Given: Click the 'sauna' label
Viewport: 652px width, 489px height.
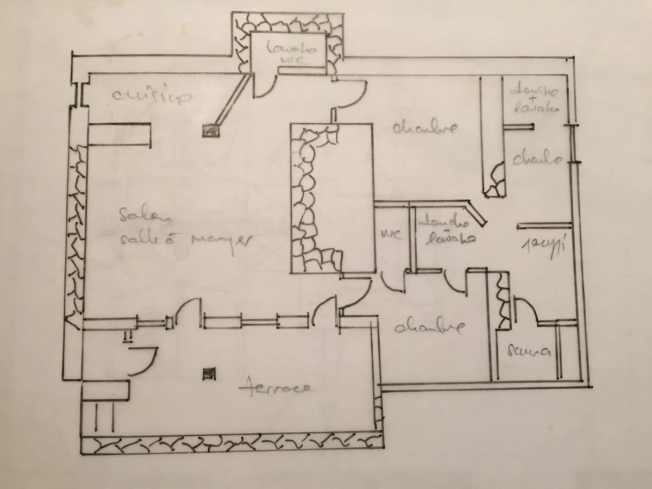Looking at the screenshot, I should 529,352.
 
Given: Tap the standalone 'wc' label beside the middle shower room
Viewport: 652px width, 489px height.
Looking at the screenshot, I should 392,235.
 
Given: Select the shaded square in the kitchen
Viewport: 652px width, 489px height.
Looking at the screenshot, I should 211,130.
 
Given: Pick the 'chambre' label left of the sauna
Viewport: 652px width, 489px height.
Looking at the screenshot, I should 429,328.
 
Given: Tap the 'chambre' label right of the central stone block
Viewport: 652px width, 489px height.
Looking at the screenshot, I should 424,129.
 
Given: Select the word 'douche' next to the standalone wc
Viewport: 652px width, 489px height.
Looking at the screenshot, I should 443,223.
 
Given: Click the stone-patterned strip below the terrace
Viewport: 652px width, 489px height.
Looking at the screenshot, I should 231,444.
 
